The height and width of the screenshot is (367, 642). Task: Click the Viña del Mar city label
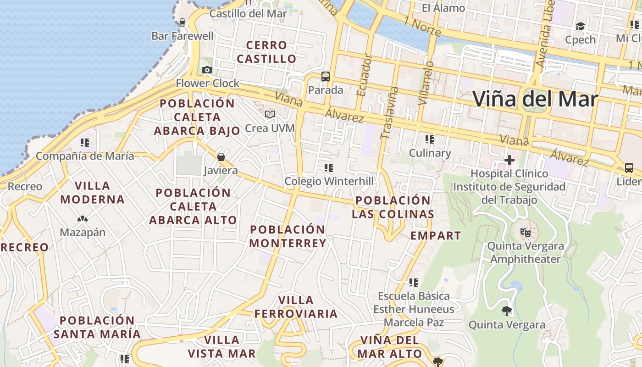[x=535, y=99]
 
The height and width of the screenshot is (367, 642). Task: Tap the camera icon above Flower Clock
[x=207, y=70]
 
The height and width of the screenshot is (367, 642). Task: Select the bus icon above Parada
[x=326, y=77]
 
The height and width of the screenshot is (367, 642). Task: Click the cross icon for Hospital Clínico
[x=509, y=160]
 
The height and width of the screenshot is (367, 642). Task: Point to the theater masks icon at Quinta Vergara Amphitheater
[x=526, y=232]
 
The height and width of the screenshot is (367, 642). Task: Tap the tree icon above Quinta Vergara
[x=507, y=311]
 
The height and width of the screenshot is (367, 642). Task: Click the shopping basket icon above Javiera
[x=221, y=157]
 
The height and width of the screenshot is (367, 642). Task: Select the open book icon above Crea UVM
[x=270, y=114]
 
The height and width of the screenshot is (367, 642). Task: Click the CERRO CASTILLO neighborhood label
[x=266, y=52]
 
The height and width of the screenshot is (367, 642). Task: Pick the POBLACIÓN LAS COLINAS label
[x=393, y=207]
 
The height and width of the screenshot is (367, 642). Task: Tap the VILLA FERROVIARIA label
[x=296, y=307]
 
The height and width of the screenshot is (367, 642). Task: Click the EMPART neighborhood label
[x=436, y=236]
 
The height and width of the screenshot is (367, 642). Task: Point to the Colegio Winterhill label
[x=329, y=181]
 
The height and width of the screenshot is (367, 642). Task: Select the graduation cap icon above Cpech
[x=581, y=26]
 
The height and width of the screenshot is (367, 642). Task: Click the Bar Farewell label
[x=183, y=36]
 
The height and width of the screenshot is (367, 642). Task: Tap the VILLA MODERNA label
[x=92, y=193]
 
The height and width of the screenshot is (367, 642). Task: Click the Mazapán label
[x=83, y=232]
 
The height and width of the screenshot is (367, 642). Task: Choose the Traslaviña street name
[x=390, y=113]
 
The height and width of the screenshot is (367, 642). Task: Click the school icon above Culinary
[x=430, y=139]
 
